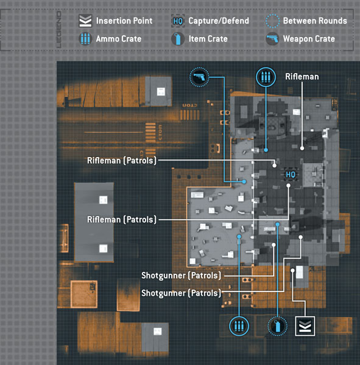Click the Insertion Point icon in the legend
85,21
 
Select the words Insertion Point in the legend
124,21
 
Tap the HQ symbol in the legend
178,21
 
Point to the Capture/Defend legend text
219,21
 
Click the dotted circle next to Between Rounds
272,21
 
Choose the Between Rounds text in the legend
315,21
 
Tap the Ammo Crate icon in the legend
85,39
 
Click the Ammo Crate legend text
119,39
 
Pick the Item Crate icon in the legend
178,39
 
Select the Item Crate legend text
208,39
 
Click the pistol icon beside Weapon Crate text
272,39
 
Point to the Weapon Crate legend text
309,39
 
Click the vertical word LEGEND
59,30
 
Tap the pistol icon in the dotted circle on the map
199,77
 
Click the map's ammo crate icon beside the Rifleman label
266,77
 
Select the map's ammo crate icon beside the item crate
239,326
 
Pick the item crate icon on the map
277,326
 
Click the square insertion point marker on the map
305,326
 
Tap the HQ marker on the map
291,175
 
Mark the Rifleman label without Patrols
302,77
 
